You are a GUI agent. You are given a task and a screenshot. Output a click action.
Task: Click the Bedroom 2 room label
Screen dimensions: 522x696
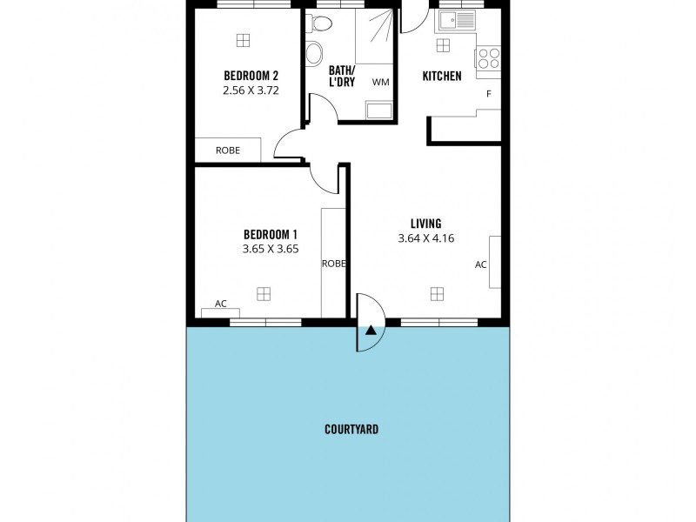(251, 74)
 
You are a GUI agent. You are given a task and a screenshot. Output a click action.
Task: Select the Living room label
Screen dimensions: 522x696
(426, 224)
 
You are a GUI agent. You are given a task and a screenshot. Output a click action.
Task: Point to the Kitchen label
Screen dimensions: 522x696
(442, 77)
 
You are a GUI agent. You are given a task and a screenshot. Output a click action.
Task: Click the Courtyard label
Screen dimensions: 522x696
(351, 430)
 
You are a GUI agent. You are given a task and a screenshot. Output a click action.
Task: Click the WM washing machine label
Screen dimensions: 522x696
(380, 83)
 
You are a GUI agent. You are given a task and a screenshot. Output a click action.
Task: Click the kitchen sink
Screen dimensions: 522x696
(456, 19)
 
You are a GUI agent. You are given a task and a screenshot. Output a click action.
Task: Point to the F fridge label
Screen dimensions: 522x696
(489, 94)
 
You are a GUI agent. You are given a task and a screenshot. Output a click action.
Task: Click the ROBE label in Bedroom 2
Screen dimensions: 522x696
(228, 151)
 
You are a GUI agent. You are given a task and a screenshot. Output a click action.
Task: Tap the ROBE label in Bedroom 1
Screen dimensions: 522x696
(334, 264)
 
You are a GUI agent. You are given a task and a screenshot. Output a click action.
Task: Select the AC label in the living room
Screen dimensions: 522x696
(481, 264)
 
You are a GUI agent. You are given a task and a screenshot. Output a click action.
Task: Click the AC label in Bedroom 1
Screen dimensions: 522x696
(221, 304)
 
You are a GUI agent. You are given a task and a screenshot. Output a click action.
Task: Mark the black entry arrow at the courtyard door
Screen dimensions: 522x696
(371, 330)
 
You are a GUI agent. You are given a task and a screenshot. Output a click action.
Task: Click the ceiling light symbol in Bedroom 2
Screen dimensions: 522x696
(243, 39)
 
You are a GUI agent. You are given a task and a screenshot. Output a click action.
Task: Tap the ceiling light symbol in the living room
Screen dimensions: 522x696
(437, 293)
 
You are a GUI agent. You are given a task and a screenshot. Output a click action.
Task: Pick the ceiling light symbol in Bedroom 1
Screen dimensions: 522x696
(264, 294)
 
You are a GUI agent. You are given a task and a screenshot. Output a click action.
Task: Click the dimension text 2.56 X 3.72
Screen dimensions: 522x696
(251, 90)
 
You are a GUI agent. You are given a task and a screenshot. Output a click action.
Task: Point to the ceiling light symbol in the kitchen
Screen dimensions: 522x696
(443, 44)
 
